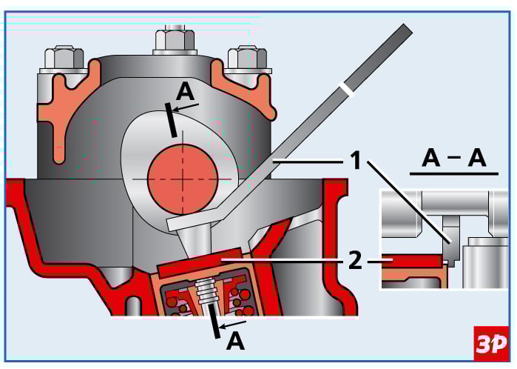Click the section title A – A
click(x=454, y=157)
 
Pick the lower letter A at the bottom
click(x=235, y=342)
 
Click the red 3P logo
click(x=490, y=342)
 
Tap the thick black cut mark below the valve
click(x=214, y=324)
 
